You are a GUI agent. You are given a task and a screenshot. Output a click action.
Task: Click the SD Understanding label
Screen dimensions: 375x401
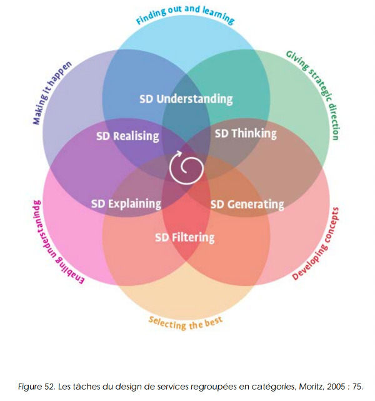(x=186, y=99)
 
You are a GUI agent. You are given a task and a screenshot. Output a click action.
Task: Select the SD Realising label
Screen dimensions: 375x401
(x=127, y=136)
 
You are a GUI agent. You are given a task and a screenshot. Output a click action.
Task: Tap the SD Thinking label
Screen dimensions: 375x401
(x=246, y=134)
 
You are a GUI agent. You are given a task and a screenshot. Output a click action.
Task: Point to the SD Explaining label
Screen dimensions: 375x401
(x=126, y=204)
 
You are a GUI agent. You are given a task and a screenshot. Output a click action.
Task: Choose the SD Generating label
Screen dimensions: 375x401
(x=247, y=205)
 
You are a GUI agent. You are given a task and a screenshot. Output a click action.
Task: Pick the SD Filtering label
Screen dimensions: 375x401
(x=185, y=238)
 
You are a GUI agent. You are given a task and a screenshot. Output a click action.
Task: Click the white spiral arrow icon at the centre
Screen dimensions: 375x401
(x=186, y=168)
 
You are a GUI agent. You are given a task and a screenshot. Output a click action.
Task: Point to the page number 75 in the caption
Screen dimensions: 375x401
(x=357, y=387)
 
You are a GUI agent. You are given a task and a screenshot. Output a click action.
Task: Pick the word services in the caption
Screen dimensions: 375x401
(x=172, y=387)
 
